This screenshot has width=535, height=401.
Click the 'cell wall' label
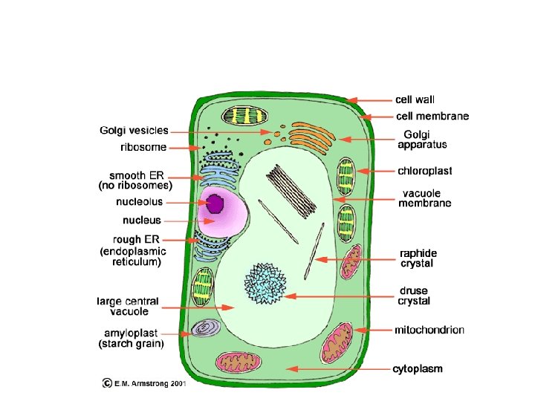415,99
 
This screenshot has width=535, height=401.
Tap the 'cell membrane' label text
432,116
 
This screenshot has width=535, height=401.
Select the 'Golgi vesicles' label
134,131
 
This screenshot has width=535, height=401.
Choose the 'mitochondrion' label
429,330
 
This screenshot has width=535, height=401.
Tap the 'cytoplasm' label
418,368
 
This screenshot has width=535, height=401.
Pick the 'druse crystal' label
414,296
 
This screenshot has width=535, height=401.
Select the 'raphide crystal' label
417,258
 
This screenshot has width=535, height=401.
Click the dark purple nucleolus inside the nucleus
216,203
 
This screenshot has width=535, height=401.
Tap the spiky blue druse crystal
265,283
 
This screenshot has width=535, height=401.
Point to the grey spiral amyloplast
203,330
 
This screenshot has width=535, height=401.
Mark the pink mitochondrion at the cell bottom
239,362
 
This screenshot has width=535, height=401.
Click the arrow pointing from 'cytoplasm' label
337,368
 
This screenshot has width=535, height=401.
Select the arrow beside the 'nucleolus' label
186,201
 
